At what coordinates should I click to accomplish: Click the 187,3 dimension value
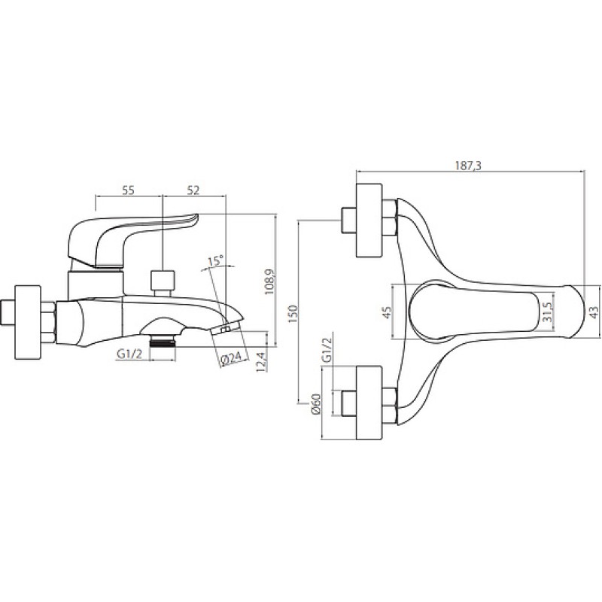coord(467,166)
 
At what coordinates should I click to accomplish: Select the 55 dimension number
coord(129,190)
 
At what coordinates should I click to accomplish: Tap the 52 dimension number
coord(194,190)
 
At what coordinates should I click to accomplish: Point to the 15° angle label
coord(215,261)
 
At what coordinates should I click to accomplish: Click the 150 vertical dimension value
coord(293,314)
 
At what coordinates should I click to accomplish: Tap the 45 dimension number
coord(387,312)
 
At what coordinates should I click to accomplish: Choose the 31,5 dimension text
coord(548,312)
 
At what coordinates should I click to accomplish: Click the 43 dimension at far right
coord(594,312)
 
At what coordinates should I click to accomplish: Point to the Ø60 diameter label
coord(317,404)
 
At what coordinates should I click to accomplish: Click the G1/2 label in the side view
coord(129,354)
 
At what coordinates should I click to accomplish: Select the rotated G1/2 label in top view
coord(327,350)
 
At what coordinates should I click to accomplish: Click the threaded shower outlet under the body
coord(163,339)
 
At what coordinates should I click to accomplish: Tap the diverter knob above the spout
coord(163,283)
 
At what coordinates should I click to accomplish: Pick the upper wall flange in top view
coord(369,220)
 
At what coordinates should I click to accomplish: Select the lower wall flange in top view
coord(369,403)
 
